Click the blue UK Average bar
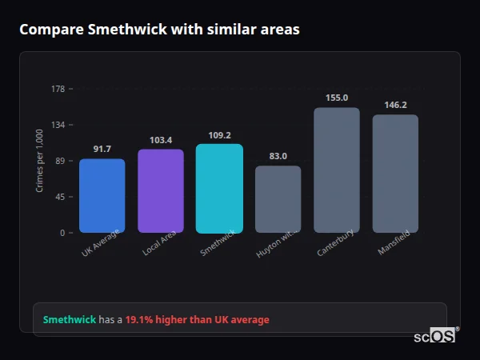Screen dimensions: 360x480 click(x=102, y=196)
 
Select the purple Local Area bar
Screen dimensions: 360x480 click(x=161, y=191)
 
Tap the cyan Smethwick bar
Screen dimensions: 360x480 click(x=219, y=189)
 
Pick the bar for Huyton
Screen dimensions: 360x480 click(x=278, y=199)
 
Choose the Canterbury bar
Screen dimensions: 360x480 click(x=337, y=170)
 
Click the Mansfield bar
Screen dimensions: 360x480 click(x=395, y=174)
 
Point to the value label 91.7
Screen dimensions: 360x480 click(x=102, y=149)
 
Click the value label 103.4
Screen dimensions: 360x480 click(x=161, y=140)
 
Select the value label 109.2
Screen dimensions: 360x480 click(x=219, y=135)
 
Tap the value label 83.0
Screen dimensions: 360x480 click(x=278, y=156)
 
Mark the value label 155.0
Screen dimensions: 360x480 click(x=337, y=98)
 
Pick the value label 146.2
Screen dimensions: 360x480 click(x=395, y=105)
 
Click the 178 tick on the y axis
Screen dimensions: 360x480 click(x=58, y=89)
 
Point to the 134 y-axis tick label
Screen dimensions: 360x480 click(x=58, y=125)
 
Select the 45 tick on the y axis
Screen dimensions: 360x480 click(x=60, y=197)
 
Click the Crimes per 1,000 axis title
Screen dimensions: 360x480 click(x=39, y=161)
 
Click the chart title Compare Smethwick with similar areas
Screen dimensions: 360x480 click(x=159, y=30)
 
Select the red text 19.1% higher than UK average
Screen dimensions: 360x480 click(x=197, y=320)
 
